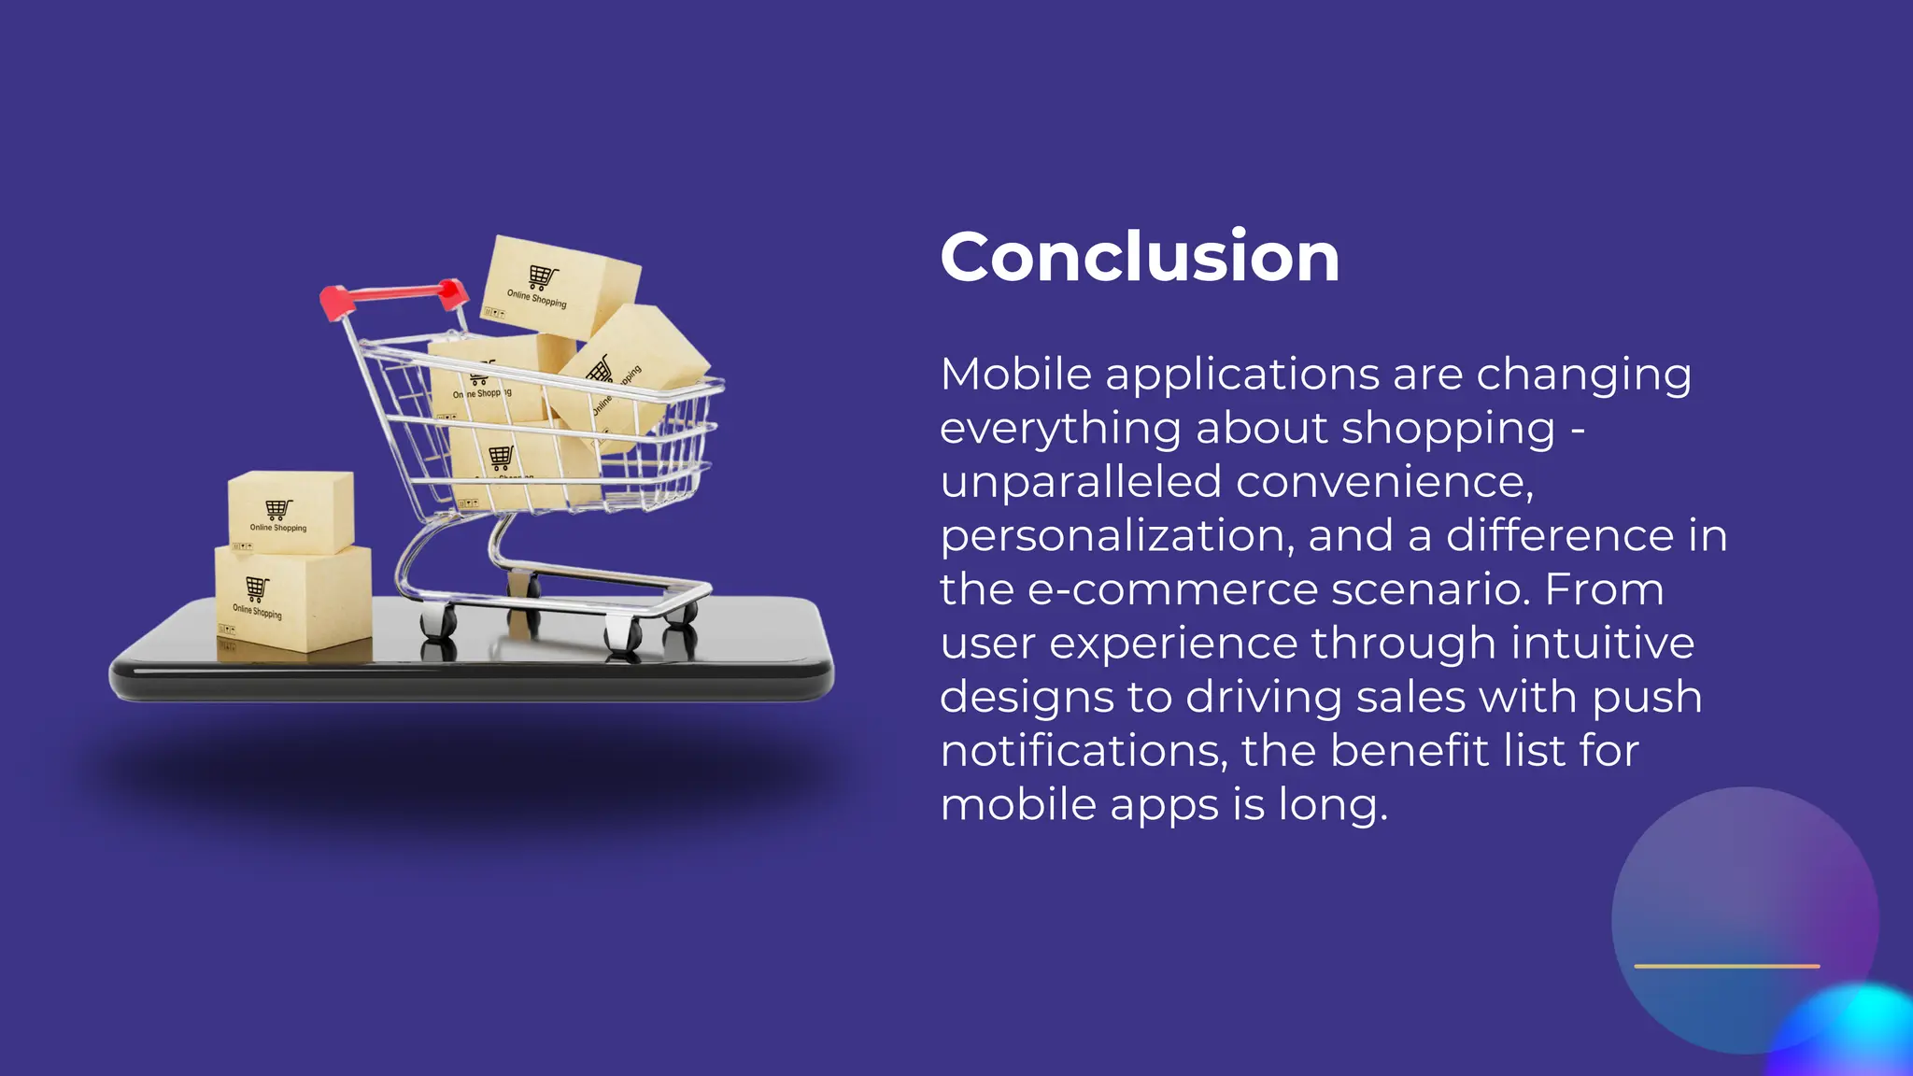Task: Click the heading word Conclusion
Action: (1140, 257)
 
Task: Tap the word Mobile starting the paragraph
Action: (1015, 375)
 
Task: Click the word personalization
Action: (1117, 536)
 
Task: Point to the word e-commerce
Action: (1171, 590)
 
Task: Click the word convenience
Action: (1384, 482)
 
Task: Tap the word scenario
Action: (1430, 590)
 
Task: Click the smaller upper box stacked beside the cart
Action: (291, 512)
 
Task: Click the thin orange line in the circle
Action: (1726, 966)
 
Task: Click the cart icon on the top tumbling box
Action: (543, 276)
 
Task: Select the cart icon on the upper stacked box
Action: (278, 509)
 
